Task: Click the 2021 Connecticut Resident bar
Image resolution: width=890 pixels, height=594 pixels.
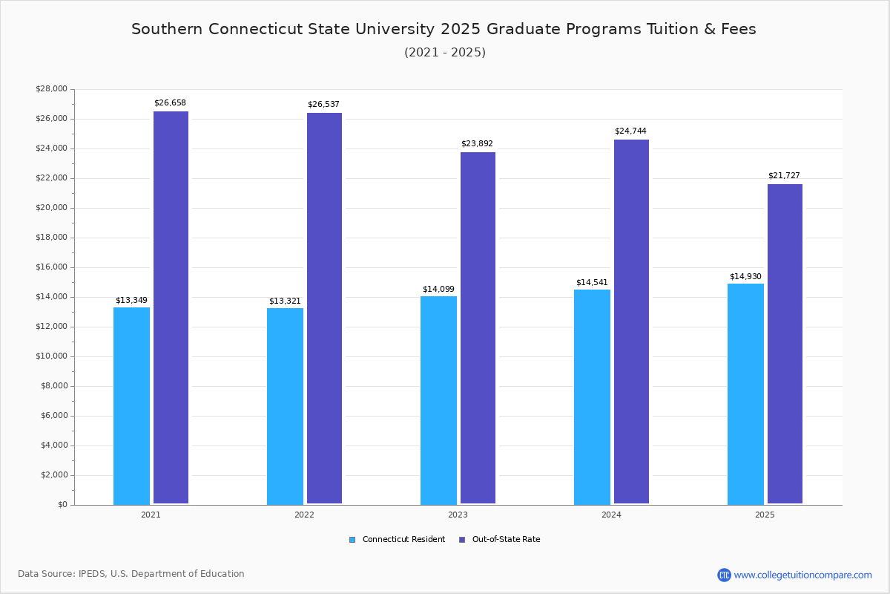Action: tap(131, 405)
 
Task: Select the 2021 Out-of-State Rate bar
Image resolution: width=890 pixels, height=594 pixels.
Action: tap(171, 307)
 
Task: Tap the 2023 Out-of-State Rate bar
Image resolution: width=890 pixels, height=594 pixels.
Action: tap(478, 327)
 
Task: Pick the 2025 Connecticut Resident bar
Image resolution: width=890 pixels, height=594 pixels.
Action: tap(745, 394)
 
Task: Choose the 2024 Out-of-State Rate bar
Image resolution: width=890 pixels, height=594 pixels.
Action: tap(631, 322)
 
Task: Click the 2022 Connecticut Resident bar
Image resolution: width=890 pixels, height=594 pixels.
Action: tap(285, 406)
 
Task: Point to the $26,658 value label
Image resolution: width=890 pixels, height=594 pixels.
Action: tap(170, 103)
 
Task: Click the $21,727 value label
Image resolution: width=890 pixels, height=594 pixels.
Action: tap(784, 176)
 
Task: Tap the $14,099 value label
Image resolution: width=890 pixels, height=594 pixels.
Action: tap(438, 289)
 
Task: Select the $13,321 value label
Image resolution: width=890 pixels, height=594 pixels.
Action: tap(285, 301)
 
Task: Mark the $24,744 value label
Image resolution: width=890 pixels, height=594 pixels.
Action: tap(630, 131)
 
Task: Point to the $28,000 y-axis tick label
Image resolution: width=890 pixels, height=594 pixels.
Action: tap(51, 89)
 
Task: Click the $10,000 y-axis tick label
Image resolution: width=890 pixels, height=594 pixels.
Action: tap(51, 356)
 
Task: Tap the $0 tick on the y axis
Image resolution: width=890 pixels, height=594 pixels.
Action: tap(62, 505)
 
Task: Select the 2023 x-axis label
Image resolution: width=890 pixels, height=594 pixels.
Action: tap(458, 515)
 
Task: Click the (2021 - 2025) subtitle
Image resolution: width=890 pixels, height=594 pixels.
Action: tap(445, 53)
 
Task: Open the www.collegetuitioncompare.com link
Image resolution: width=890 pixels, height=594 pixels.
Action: tap(802, 575)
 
